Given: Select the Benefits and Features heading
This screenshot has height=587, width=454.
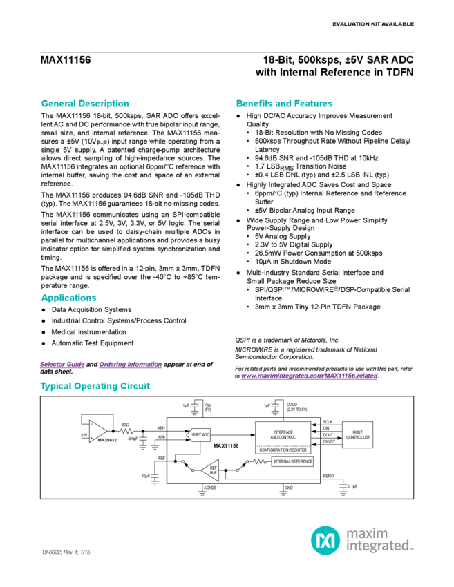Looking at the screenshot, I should [281, 102].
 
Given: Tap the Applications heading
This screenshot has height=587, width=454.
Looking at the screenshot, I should [69, 298].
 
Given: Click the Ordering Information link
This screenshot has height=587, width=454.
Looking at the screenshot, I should [130, 363].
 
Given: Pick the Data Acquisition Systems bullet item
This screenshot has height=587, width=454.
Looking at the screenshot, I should [91, 310].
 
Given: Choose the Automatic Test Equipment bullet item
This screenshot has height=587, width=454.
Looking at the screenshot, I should [93, 343].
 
